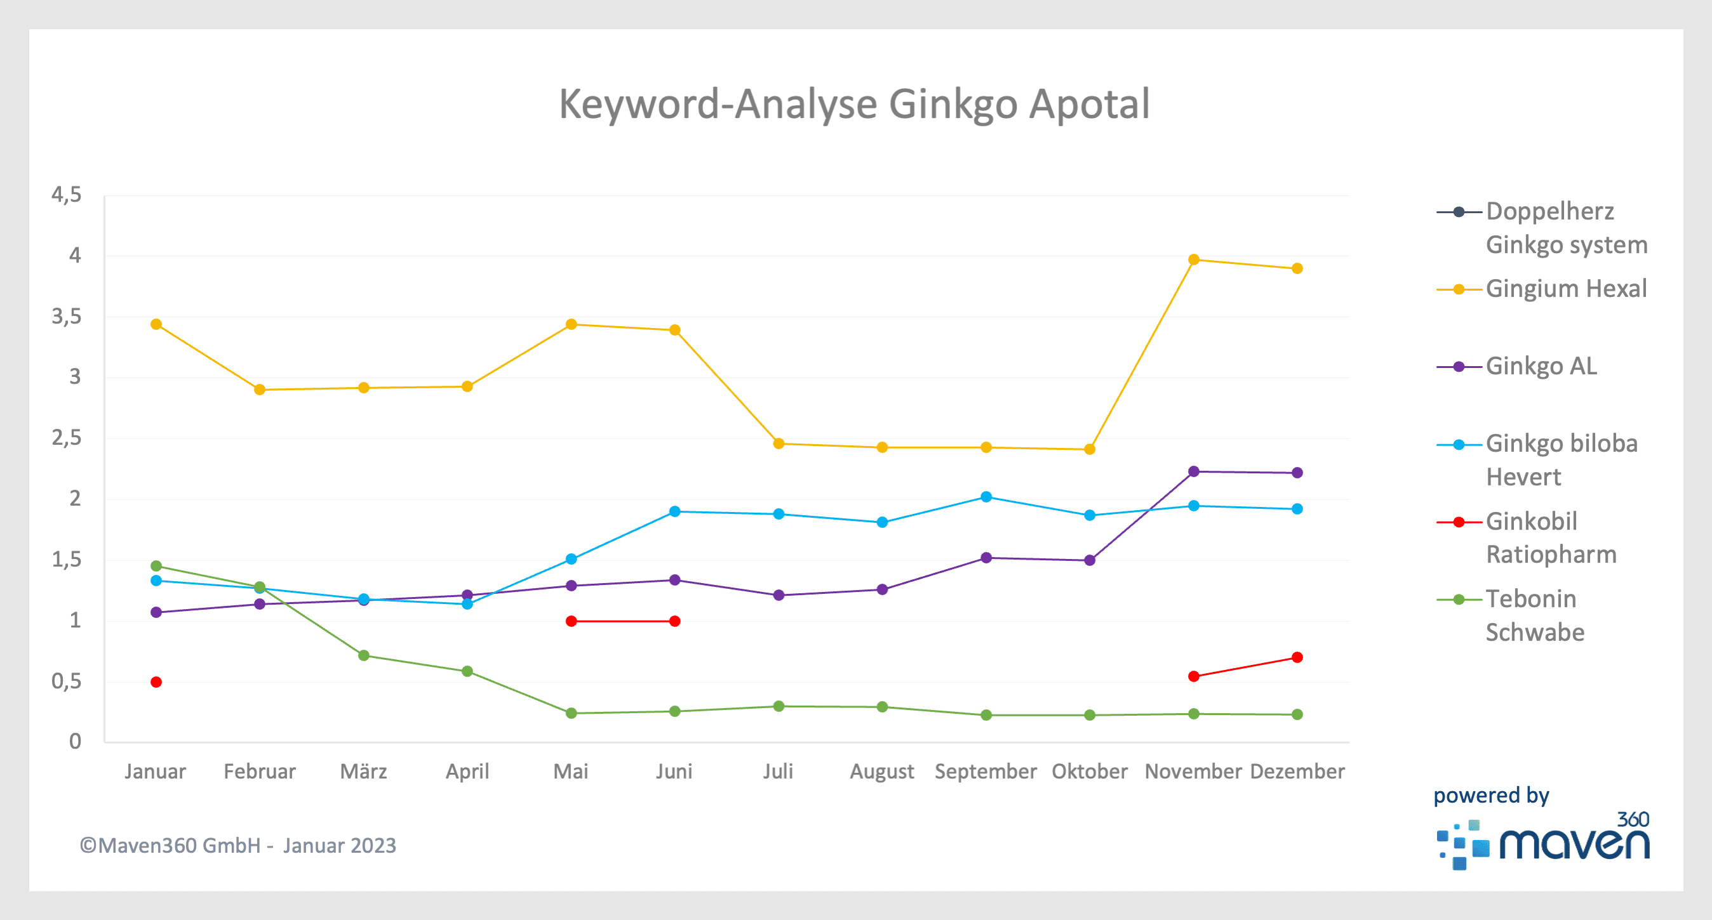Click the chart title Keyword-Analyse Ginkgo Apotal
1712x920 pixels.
tap(854, 103)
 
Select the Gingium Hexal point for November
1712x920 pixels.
tap(1193, 260)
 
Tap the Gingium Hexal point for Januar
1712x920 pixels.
tap(156, 324)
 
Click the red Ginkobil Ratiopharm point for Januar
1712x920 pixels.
tap(156, 682)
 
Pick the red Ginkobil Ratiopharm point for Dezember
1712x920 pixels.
tap(1297, 657)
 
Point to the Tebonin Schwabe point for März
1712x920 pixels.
tap(363, 655)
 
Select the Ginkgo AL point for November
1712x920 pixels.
tap(1193, 471)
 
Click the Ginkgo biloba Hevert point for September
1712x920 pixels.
tap(986, 497)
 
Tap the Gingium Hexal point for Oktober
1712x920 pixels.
tap(1089, 450)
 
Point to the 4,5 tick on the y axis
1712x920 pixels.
tap(67, 195)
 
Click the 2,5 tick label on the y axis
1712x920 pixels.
tap(67, 438)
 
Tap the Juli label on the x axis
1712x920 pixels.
tap(778, 771)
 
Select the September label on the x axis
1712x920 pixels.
tap(986, 771)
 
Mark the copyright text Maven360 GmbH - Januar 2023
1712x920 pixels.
tap(238, 846)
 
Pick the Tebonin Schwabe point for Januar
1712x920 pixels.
tap(156, 566)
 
